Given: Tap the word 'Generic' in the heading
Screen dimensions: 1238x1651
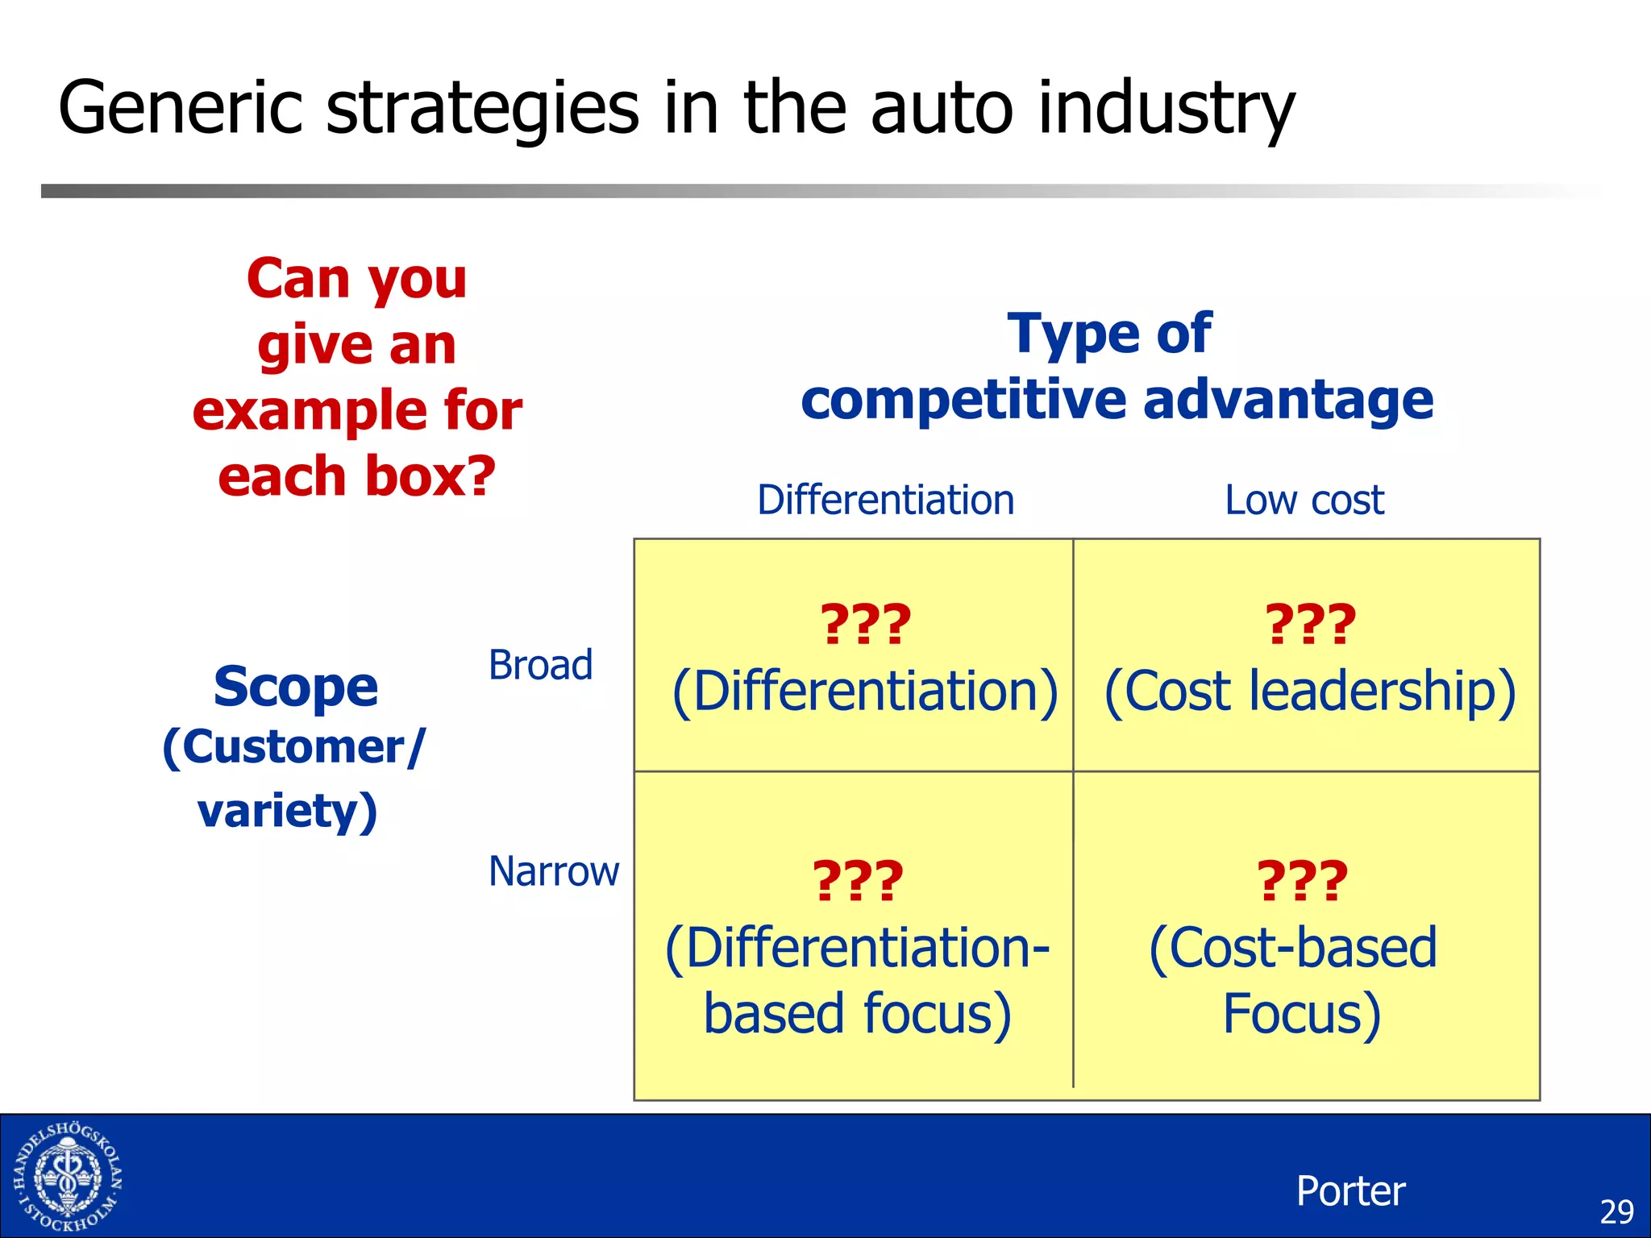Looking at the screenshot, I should (x=180, y=108).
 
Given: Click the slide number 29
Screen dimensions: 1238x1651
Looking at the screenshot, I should (x=1616, y=1211).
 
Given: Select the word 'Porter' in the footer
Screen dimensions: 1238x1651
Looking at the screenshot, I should (x=1350, y=1190).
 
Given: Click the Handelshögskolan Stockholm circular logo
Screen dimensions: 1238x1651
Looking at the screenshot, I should (x=68, y=1177).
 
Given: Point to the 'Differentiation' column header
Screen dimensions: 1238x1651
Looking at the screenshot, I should (x=885, y=500).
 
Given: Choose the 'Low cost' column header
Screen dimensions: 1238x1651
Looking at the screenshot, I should (x=1304, y=500).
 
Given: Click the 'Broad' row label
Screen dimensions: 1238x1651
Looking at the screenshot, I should (x=540, y=666).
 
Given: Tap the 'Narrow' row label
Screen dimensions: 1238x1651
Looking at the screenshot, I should (x=554, y=871).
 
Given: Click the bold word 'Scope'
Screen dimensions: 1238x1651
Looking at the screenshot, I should (x=295, y=687).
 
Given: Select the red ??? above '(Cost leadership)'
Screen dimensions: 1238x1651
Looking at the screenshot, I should (x=1310, y=625).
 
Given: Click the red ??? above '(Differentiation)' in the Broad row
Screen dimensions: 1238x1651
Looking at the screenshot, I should (x=865, y=625).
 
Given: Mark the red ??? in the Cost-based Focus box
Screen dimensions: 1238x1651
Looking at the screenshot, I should (x=1302, y=880).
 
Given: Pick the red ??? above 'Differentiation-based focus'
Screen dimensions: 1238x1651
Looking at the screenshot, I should (x=858, y=880).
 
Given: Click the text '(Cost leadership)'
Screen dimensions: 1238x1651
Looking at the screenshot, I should (x=1309, y=692).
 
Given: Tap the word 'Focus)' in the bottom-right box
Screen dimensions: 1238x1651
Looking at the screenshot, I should (x=1301, y=1013).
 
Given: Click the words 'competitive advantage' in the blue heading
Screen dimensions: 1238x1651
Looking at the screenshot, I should (x=1117, y=400).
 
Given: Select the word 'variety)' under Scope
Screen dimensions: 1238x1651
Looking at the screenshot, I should (x=288, y=810).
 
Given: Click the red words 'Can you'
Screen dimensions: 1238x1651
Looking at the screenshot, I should (x=356, y=278).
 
